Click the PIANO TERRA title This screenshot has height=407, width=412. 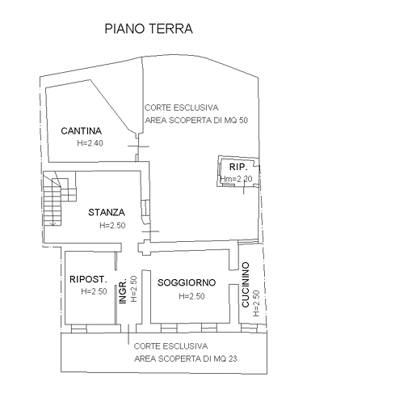(x=149, y=28)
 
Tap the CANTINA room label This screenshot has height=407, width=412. (x=82, y=131)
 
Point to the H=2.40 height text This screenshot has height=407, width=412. (x=90, y=143)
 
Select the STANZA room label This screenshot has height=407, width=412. (x=107, y=213)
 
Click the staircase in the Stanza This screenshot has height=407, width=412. (x=59, y=197)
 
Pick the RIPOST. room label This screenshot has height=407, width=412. (x=88, y=279)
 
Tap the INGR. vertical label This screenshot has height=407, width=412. (x=123, y=291)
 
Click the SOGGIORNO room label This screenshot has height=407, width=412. (x=187, y=282)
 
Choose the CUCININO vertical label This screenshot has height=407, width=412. (x=246, y=285)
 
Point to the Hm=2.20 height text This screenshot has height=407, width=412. (x=236, y=179)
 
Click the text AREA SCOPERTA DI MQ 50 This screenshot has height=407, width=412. (x=196, y=121)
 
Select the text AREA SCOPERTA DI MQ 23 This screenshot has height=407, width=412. (x=186, y=358)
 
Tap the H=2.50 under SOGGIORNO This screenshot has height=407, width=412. (x=191, y=296)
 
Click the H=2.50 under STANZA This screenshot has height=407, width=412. (x=112, y=225)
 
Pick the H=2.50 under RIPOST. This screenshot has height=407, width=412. (x=94, y=291)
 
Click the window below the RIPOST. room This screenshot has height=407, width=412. (x=79, y=329)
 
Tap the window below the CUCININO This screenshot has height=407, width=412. (x=249, y=329)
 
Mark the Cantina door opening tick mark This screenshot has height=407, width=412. (x=138, y=146)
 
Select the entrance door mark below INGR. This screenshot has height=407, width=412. (x=128, y=334)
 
